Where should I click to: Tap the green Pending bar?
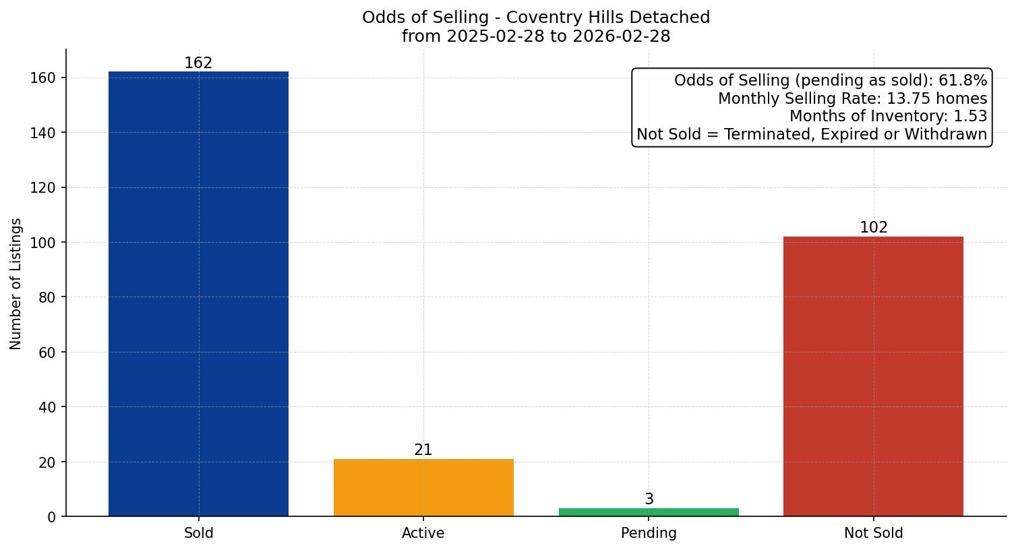(649, 512)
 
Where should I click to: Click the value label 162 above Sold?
(198, 63)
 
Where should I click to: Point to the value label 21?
(423, 450)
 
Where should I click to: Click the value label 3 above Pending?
(649, 499)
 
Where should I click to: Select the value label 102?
(873, 228)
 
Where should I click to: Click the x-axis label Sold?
(198, 533)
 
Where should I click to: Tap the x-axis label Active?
(423, 533)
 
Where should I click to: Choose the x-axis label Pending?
(649, 533)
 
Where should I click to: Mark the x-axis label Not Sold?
(873, 533)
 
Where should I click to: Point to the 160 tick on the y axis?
(43, 78)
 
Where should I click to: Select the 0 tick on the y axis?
(52, 517)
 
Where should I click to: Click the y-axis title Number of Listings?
(16, 283)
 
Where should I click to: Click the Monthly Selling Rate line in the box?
(852, 98)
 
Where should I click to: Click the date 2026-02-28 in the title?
(621, 36)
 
